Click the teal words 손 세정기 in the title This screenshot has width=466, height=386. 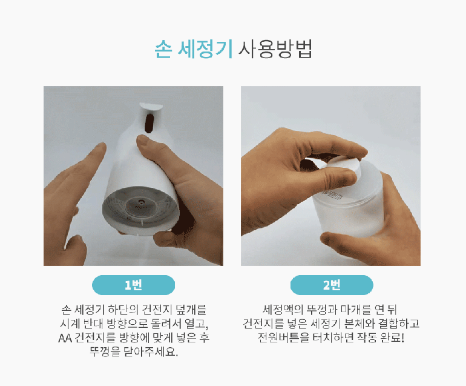point(193,49)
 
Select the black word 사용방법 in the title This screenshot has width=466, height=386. point(275,49)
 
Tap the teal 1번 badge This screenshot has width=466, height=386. point(133,285)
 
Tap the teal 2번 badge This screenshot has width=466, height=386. point(332,285)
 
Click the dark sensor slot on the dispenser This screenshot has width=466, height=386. point(149,123)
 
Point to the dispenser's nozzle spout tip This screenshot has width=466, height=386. point(151,106)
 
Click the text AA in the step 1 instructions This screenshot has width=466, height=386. point(65,338)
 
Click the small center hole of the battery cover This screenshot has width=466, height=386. point(140,202)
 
